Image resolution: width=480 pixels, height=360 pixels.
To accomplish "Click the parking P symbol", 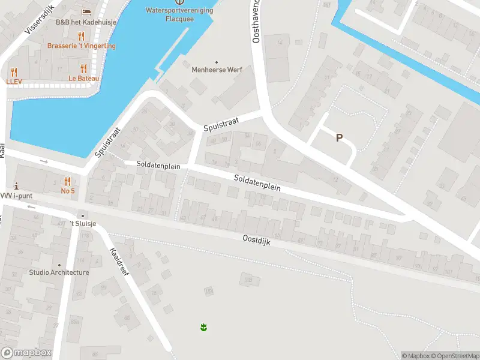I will pyautogui.click(x=339, y=137).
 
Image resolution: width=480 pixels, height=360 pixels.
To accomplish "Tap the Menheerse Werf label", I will pyautogui.click(x=217, y=70).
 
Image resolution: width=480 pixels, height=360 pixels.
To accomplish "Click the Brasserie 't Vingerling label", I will pyautogui.click(x=82, y=46).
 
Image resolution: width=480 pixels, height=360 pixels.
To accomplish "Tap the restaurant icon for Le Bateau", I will pyautogui.click(x=83, y=68).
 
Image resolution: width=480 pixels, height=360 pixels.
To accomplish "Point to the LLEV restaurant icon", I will pyautogui.click(x=14, y=72).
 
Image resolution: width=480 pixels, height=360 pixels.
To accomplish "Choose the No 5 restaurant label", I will pyautogui.click(x=68, y=191).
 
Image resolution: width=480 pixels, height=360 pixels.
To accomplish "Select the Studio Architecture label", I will pyautogui.click(x=59, y=272).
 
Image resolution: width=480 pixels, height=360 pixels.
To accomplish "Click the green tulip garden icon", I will pyautogui.click(x=203, y=327).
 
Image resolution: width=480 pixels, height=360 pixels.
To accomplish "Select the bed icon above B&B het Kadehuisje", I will pyautogui.click(x=86, y=12).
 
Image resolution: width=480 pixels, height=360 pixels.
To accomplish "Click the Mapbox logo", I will pyautogui.click(x=26, y=353).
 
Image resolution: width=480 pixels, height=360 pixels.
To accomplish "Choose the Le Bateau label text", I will pyautogui.click(x=83, y=78).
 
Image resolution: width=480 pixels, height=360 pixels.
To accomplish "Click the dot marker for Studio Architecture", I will pyautogui.click(x=59, y=265).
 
